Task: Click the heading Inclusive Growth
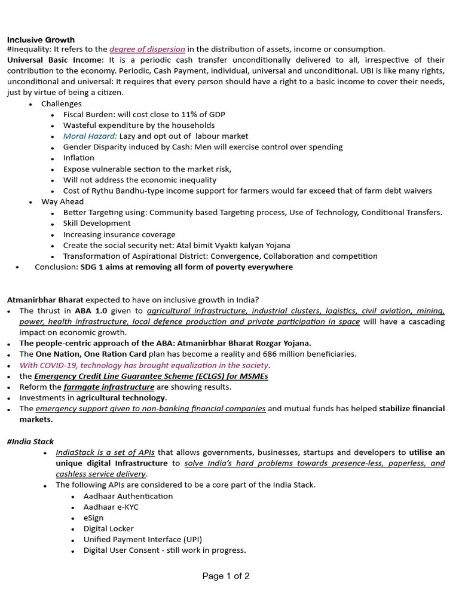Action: click(41, 39)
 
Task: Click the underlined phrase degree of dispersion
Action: click(147, 49)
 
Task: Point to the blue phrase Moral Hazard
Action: click(90, 136)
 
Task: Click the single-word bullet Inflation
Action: click(79, 158)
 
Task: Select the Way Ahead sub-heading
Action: click(62, 201)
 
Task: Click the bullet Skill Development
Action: click(97, 224)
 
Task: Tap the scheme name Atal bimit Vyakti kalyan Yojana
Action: click(225, 245)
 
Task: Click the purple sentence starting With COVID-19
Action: click(144, 365)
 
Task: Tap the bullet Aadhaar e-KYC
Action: click(111, 507)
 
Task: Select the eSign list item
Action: click(94, 518)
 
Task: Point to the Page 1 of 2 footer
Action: click(226, 576)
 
